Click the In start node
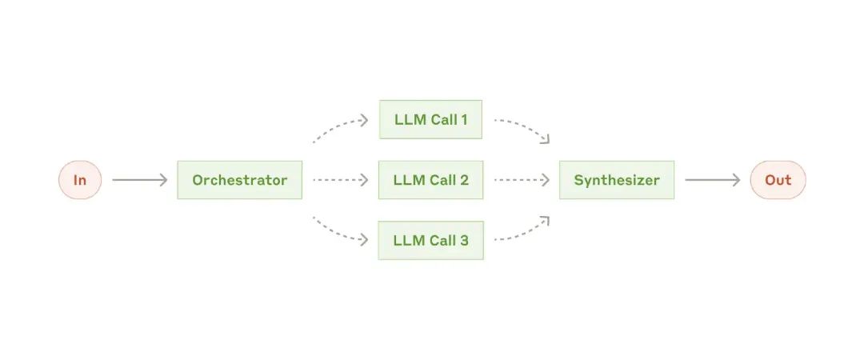click(80, 180)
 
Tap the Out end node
click(778, 180)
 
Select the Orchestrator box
click(240, 180)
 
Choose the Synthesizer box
click(617, 180)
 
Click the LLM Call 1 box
click(430, 119)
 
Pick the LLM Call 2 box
click(430, 180)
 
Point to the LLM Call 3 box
click(430, 240)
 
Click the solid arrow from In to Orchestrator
click(139, 180)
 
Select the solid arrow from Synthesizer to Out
click(713, 180)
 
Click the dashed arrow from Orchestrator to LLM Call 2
click(340, 180)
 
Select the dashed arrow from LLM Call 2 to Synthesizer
click(522, 180)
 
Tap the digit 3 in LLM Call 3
click(464, 240)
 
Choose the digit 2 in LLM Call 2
click(464, 180)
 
